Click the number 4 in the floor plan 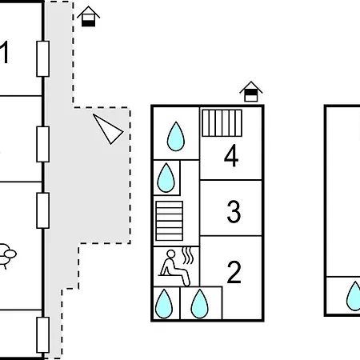point(231,155)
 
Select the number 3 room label point(234,211)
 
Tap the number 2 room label point(234,272)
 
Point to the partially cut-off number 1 point(4,52)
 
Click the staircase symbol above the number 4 point(222,123)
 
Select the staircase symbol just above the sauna point(170,221)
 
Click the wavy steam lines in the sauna point(188,255)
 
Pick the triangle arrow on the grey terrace point(108,130)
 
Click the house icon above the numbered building point(251,91)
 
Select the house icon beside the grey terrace point(89,17)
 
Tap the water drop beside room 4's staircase point(176,136)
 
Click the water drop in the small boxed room point(166,178)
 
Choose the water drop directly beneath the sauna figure point(164,304)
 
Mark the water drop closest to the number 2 point(199,304)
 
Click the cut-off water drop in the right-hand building point(354,296)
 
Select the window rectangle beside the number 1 point(42,58)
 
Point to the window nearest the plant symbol point(42,210)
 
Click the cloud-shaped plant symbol point(7,254)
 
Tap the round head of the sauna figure point(171,254)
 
